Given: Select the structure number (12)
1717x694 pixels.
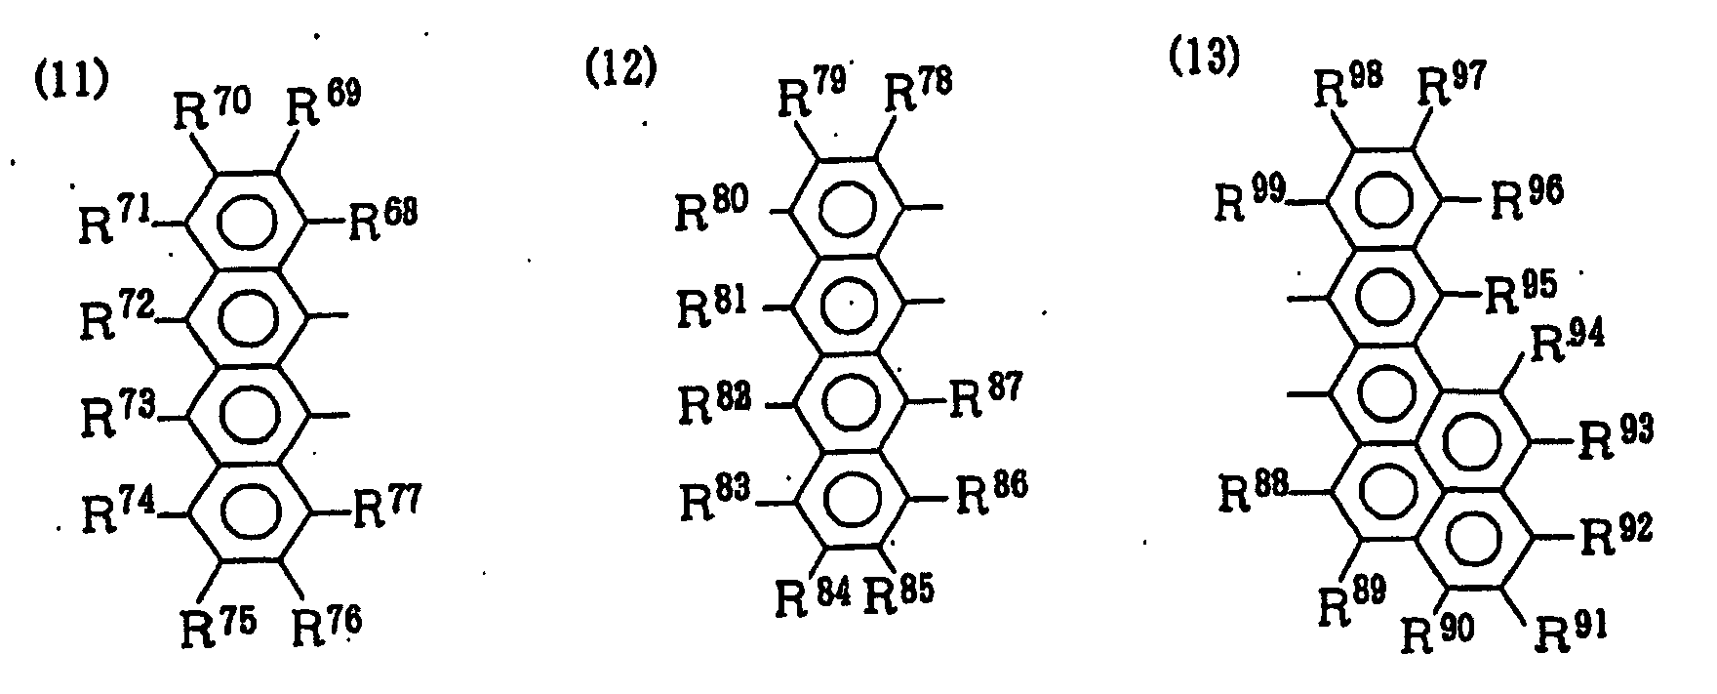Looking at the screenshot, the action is [x=620, y=70].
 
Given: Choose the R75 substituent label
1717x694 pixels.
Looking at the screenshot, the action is [x=219, y=622].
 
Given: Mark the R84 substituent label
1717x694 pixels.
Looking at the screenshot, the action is [x=814, y=592].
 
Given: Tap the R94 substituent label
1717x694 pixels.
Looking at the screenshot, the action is [x=1564, y=344].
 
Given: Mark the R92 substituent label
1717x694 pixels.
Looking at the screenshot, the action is [x=1616, y=532].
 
